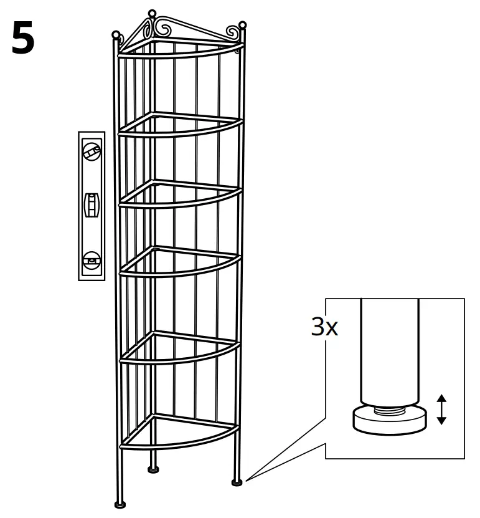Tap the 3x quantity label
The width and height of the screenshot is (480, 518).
[324, 327]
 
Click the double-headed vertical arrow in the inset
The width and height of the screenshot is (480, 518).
[441, 409]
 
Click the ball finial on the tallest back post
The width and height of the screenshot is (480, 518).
[151, 13]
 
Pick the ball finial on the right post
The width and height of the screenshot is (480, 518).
[243, 26]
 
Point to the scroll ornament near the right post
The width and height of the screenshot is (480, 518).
[231, 31]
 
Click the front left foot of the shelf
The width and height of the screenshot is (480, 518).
[120, 504]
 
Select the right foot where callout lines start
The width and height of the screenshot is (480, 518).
[237, 481]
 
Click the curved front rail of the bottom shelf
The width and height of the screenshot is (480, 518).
[181, 443]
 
